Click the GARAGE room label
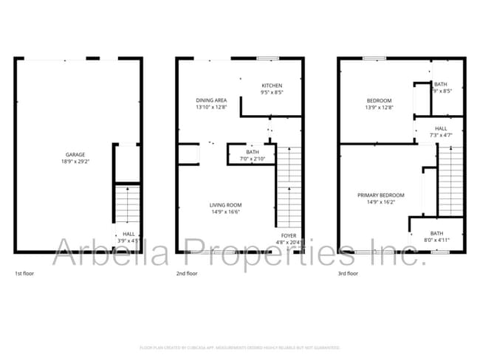tap(76, 155)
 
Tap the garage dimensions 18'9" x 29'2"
tap(76, 162)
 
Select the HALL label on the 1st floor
tap(128, 233)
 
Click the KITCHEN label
tap(272, 86)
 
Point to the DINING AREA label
tap(211, 100)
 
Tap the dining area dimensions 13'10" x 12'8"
tap(211, 107)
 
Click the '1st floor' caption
tap(24, 274)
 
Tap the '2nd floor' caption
tap(187, 274)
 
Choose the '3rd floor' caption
tap(348, 274)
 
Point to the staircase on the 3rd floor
tap(450, 181)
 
